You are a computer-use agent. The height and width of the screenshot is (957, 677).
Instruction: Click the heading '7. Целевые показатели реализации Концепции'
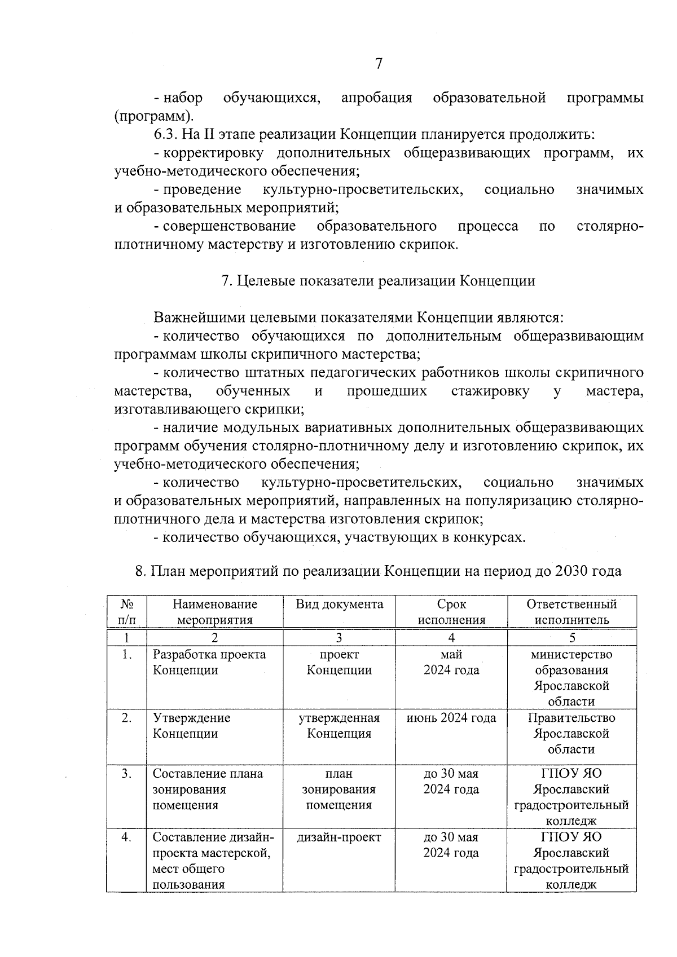click(378, 281)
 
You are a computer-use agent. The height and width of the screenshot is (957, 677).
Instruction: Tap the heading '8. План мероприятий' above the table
click(378, 571)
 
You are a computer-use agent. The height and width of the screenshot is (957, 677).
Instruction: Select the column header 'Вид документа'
click(339, 605)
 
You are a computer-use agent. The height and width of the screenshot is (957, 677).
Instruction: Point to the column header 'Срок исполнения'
click(451, 612)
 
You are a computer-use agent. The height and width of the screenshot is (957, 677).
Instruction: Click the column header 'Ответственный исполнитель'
click(572, 612)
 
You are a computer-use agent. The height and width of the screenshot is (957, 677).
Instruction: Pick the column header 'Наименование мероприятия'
click(214, 612)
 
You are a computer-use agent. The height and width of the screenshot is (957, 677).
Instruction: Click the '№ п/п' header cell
click(127, 612)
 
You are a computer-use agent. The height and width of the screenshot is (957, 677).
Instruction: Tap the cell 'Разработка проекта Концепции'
click(209, 662)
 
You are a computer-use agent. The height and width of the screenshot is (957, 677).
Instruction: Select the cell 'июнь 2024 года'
click(451, 718)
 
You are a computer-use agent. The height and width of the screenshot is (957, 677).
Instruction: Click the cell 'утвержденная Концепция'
click(339, 726)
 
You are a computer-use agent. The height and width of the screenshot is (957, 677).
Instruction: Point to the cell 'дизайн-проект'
click(339, 837)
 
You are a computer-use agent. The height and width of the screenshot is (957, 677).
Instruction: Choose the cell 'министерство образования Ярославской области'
click(572, 678)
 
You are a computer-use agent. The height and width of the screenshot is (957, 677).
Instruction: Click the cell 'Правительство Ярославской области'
click(572, 734)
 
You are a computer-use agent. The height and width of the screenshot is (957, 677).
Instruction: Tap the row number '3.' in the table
click(127, 774)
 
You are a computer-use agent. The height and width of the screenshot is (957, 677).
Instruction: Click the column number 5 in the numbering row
click(572, 638)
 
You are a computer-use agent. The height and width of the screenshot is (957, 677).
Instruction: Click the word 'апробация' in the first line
click(376, 98)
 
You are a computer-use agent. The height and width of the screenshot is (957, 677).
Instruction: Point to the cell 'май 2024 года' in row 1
click(451, 662)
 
